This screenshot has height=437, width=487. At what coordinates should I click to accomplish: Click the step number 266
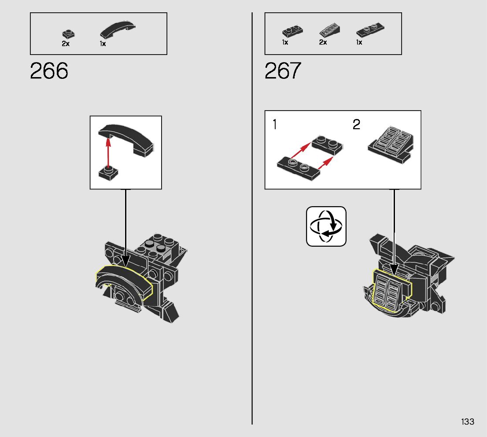[x=49, y=71]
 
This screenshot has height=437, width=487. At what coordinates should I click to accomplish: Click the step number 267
[x=283, y=71]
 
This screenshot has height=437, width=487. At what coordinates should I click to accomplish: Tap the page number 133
[x=468, y=422]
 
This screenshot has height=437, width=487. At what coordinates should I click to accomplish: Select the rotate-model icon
[x=326, y=226]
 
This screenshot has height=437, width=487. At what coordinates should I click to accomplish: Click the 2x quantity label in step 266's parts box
[x=66, y=44]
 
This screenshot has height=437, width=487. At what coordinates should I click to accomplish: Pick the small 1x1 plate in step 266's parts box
[x=68, y=33]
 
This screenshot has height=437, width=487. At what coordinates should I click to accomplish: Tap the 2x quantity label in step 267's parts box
[x=323, y=42]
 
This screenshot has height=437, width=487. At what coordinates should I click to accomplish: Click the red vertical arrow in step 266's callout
[x=108, y=152]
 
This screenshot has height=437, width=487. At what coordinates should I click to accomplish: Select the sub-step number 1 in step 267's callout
[x=275, y=125]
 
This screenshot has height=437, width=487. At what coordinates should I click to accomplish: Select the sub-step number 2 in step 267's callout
[x=356, y=125]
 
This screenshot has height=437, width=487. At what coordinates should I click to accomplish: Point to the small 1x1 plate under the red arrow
[x=107, y=173]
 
